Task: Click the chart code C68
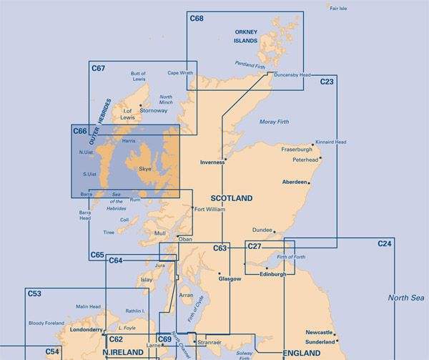pos(197,18)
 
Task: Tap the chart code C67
pos(99,68)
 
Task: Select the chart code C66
pos(79,132)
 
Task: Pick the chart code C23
pos(327,82)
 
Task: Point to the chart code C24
pos(385,245)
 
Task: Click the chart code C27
pos(255,247)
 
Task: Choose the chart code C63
pos(220,248)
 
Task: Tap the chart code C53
pos(34,293)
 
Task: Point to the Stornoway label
pos(154,111)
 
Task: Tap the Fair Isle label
pos(337,8)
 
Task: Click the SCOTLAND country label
pos(232,198)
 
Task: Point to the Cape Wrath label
pos(180,72)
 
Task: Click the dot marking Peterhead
pos(321,157)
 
